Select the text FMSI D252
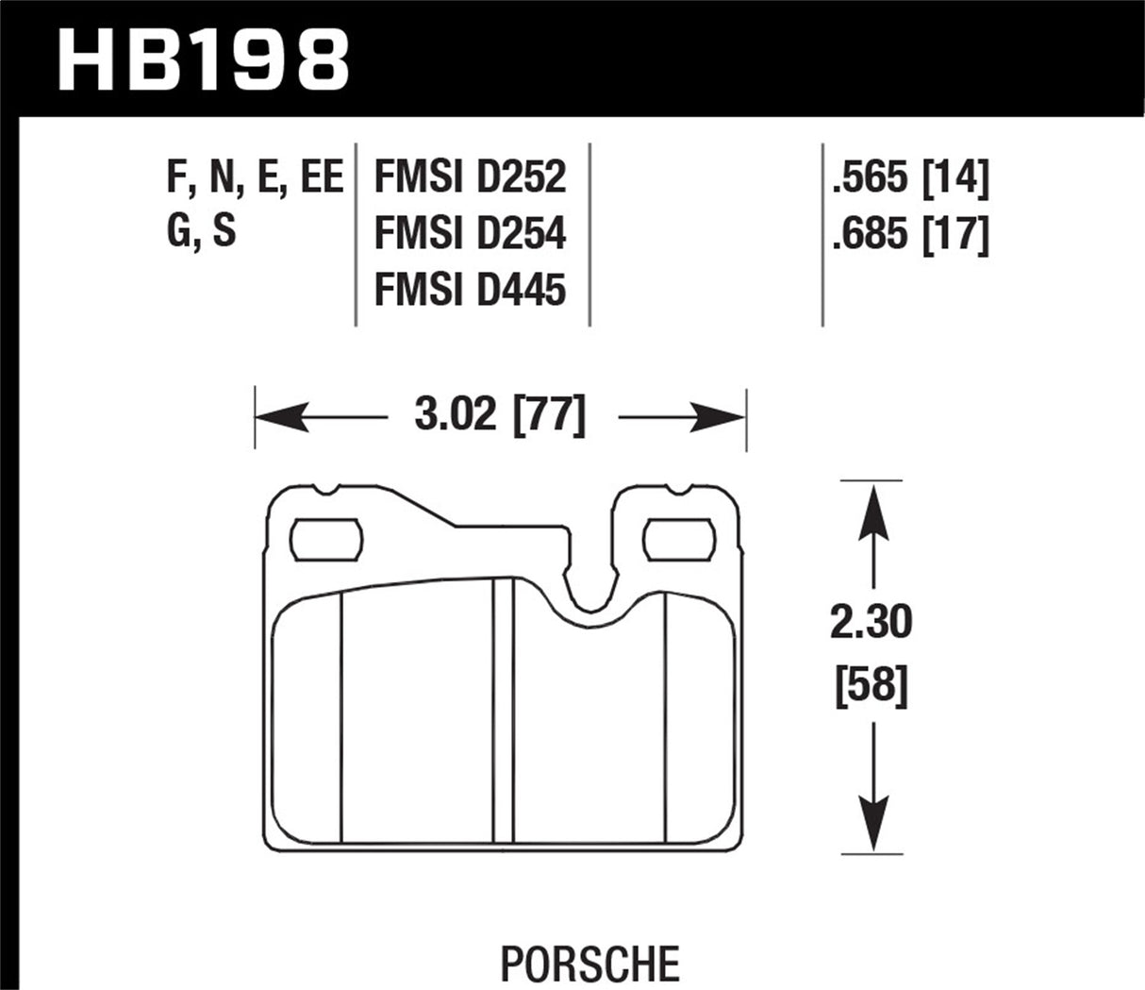click(470, 177)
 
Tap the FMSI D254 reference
click(470, 233)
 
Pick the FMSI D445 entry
click(470, 289)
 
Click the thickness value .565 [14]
click(909, 177)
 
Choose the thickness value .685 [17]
click(909, 233)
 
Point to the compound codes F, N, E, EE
click(255, 177)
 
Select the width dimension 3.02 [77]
click(500, 416)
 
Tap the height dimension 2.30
click(871, 624)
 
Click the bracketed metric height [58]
click(871, 686)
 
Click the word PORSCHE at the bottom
click(589, 964)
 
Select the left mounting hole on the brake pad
click(325, 539)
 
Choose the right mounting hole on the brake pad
click(675, 539)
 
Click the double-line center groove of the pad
click(503, 708)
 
